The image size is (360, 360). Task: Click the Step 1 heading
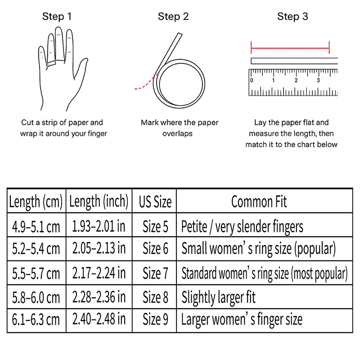click(x=57, y=17)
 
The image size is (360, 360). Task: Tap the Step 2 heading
click(x=173, y=17)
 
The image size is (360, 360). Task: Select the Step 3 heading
click(x=292, y=17)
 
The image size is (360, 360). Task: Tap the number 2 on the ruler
click(x=296, y=80)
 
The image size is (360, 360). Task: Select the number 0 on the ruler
click(x=252, y=80)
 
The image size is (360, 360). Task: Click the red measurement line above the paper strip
click(x=290, y=47)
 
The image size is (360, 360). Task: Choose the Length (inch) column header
click(x=99, y=201)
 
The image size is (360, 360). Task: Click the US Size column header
click(x=155, y=202)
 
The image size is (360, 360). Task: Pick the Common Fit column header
click(x=259, y=201)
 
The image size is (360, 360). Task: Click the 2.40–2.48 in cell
click(x=99, y=319)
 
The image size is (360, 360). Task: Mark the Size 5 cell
click(x=155, y=225)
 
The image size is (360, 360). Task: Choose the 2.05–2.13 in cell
click(x=99, y=248)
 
